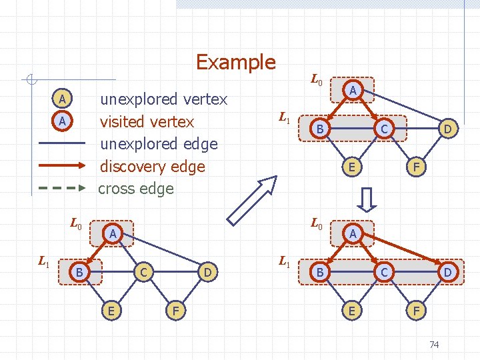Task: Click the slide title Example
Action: pos(235,63)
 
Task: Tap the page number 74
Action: pos(434,345)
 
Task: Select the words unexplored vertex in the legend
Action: pos(163,100)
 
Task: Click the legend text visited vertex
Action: pos(147,122)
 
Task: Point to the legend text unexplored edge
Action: pos(159,144)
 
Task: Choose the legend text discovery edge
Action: pos(152,166)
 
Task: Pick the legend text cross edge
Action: pos(136,189)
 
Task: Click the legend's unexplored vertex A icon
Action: pos(62,100)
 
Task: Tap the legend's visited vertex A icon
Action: pos(62,121)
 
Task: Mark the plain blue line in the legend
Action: pos(62,144)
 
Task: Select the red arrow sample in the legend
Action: pos(62,166)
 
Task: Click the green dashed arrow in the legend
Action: pos(62,188)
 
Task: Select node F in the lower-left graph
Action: pos(175,310)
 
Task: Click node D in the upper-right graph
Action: pos(449,128)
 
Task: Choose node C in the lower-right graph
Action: pos(383,272)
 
